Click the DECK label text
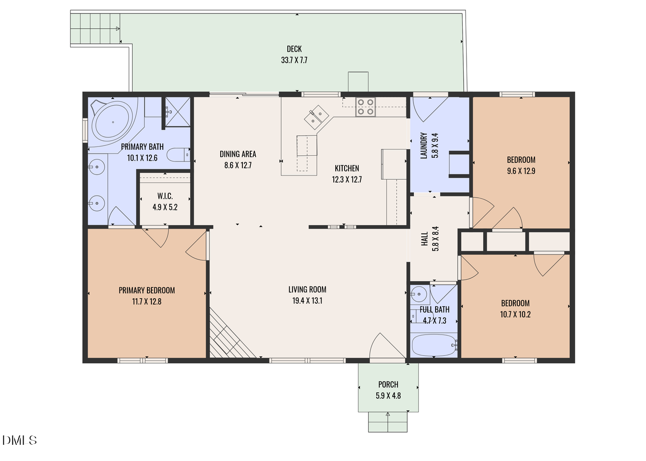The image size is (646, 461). (294, 49)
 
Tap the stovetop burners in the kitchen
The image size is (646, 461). (365, 107)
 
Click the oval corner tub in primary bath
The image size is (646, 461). (113, 122)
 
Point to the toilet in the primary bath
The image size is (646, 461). (178, 155)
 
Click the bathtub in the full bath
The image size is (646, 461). (434, 345)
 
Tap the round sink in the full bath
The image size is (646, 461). (418, 294)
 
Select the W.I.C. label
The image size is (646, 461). (165, 196)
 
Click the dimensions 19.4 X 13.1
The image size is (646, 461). (307, 301)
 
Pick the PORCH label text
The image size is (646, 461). (388, 384)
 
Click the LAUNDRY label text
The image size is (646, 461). (424, 145)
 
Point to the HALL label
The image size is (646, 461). (424, 239)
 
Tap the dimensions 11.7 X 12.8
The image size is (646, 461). (147, 302)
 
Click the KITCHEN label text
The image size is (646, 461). (347, 168)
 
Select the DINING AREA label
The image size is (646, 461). (238, 154)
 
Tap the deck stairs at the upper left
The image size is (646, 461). (95, 29)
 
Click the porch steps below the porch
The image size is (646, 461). (388, 422)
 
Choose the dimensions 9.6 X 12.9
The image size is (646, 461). (521, 171)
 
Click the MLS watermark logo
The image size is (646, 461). (20, 440)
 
